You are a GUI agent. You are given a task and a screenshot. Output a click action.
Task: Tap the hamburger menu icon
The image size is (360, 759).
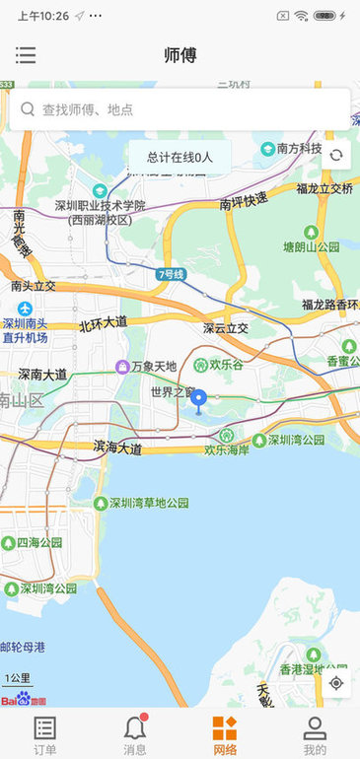[x=26, y=55]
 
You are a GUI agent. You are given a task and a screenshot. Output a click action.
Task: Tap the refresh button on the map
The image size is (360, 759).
[x=336, y=155]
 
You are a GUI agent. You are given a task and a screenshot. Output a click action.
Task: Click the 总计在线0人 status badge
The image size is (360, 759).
[x=180, y=157]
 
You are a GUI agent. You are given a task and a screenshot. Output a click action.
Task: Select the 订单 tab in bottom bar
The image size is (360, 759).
[x=44, y=734]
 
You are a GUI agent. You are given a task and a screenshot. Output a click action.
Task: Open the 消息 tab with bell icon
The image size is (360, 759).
[x=135, y=734]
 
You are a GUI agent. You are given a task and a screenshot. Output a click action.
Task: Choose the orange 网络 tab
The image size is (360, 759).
[x=225, y=734]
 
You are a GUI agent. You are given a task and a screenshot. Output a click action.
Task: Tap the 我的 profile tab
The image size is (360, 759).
[x=315, y=734]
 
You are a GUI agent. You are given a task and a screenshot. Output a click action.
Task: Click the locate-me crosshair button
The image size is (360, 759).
[x=336, y=683]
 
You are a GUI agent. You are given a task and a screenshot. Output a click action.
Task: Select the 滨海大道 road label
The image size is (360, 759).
[x=117, y=448]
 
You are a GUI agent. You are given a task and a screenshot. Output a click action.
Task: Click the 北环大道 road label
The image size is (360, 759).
[x=104, y=322]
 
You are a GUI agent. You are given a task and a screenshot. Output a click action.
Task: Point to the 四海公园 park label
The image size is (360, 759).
[x=39, y=542]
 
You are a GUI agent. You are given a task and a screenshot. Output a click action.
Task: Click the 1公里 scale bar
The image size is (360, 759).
[x=19, y=679]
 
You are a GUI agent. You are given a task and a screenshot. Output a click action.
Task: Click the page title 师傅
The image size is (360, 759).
[x=180, y=55]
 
